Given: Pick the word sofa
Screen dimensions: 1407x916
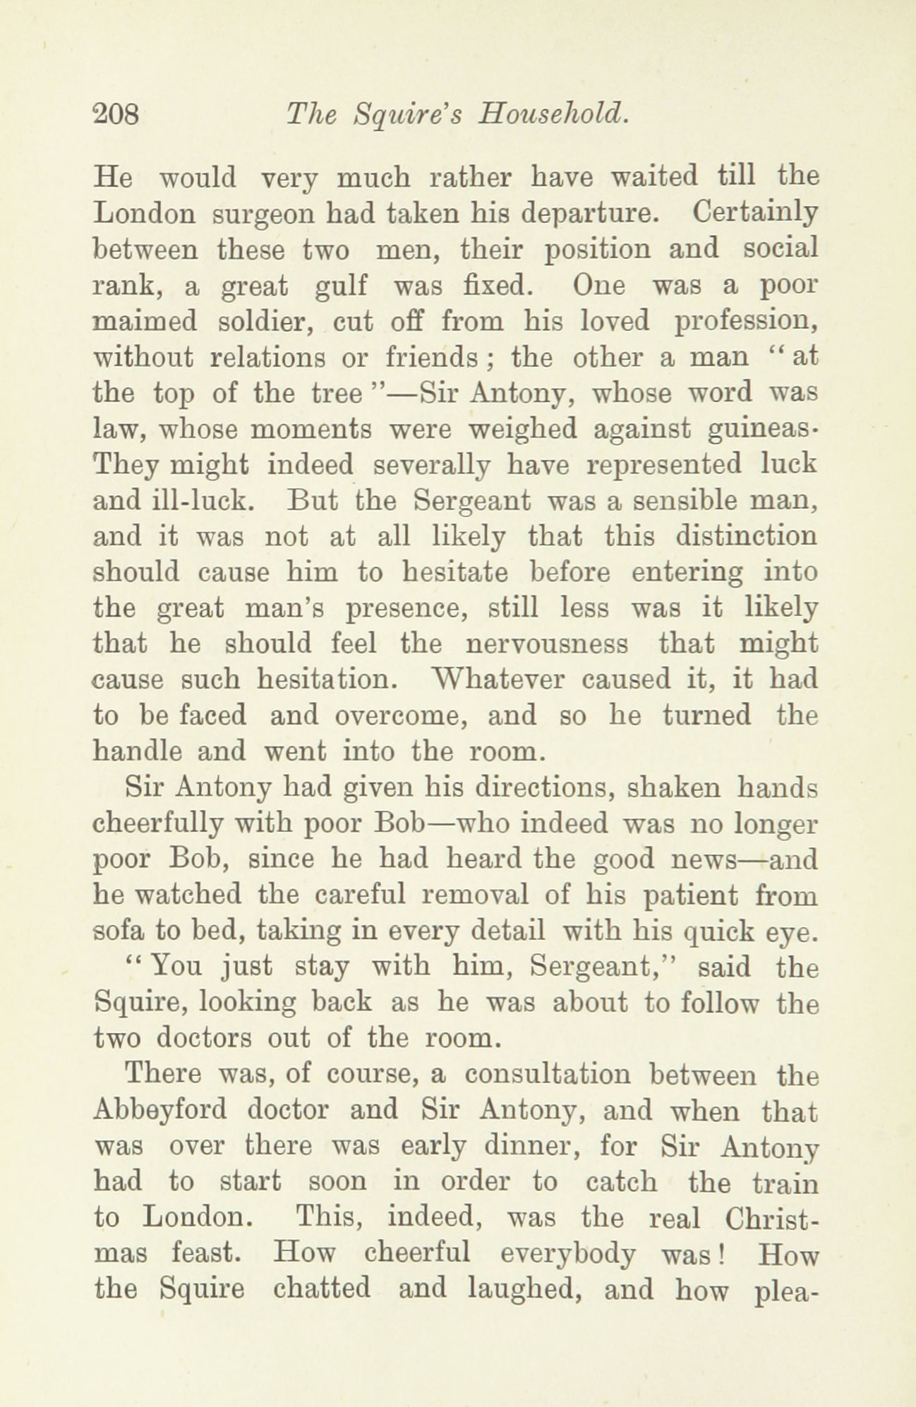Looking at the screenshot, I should (x=117, y=931).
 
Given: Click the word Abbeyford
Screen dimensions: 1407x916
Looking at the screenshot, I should (x=159, y=1111).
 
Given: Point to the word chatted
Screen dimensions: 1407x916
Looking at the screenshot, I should (x=322, y=1290).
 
